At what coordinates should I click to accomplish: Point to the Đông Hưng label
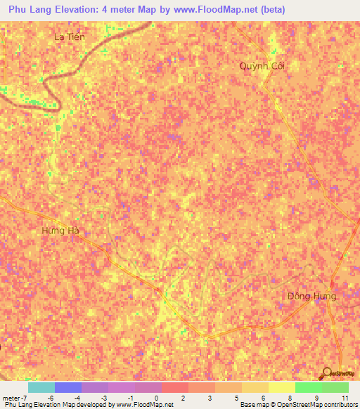click(311, 296)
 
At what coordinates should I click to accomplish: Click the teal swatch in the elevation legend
click(41, 387)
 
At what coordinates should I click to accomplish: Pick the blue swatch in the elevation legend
click(68, 387)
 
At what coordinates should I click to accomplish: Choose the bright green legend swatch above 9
click(308, 387)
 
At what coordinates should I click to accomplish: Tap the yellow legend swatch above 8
click(281, 387)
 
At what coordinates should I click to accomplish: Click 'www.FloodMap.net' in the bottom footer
click(145, 405)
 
